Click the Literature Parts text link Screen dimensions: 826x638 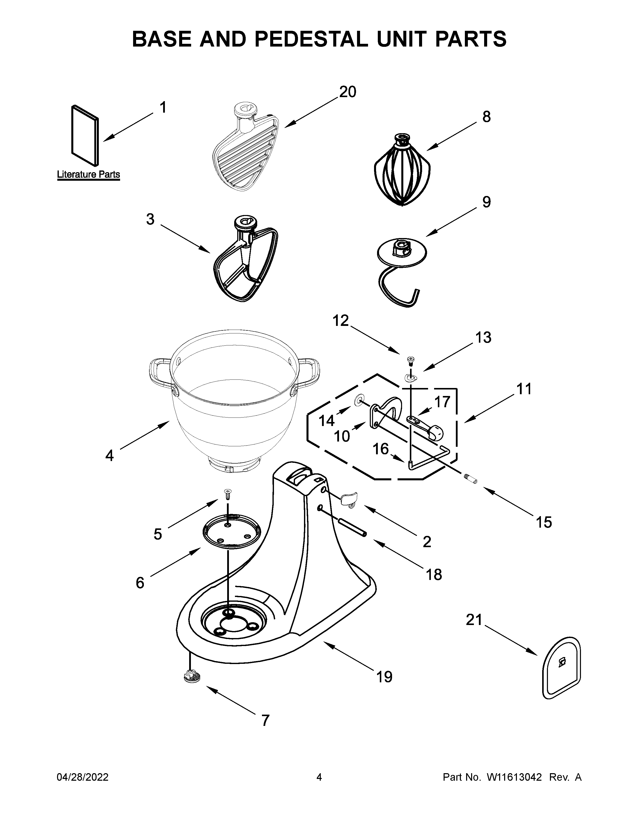[88, 174]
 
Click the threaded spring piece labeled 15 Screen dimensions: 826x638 [471, 480]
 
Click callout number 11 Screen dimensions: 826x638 [524, 389]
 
